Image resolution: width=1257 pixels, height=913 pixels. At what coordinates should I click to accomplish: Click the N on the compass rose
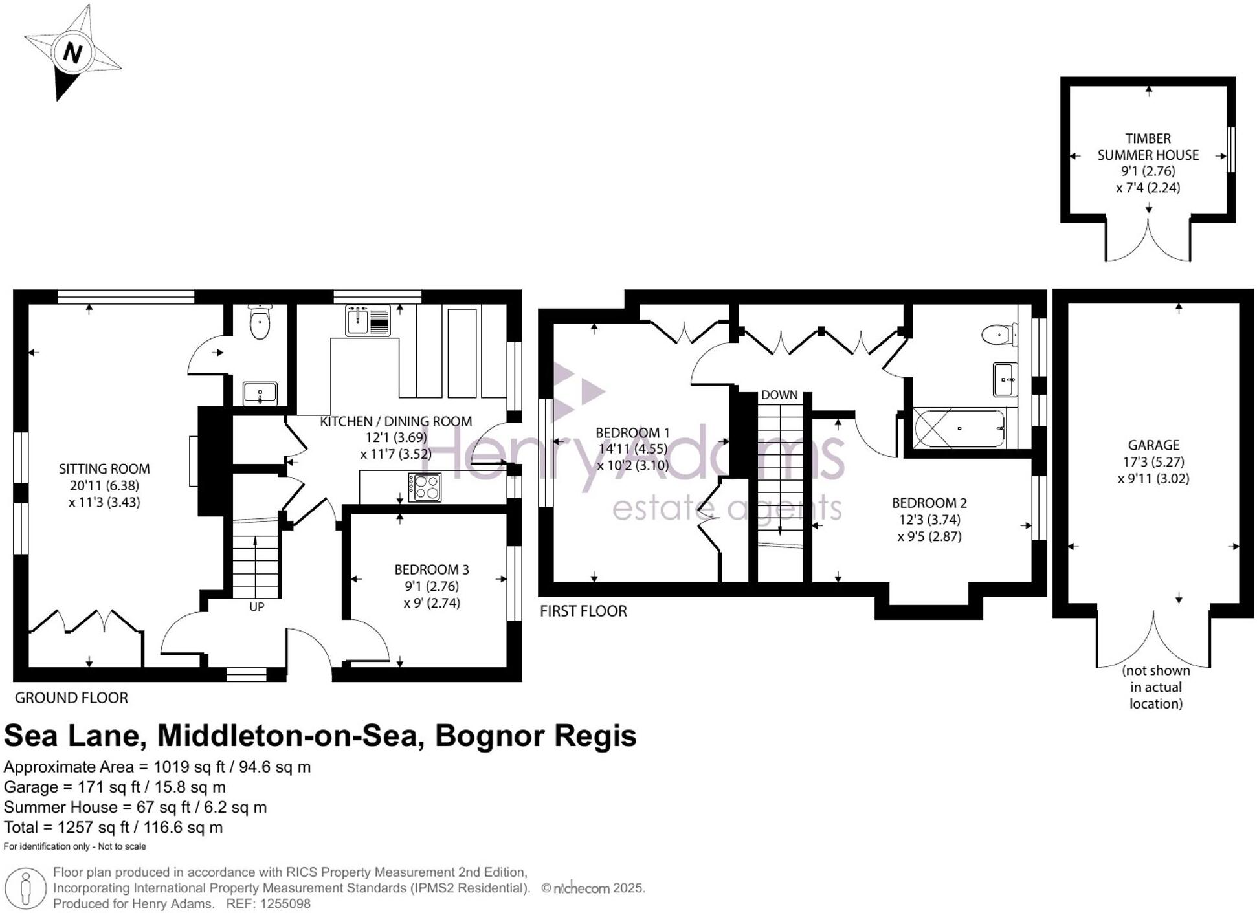click(x=72, y=52)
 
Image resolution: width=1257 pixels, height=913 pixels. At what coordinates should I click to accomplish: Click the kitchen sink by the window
click(x=368, y=320)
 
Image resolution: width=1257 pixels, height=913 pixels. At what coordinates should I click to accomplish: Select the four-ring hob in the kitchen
click(x=425, y=487)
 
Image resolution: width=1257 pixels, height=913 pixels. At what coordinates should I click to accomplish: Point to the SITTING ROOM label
click(x=104, y=468)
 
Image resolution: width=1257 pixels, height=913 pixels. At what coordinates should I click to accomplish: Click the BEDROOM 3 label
click(x=431, y=569)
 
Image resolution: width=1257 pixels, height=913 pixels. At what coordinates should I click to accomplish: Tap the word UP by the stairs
click(x=257, y=607)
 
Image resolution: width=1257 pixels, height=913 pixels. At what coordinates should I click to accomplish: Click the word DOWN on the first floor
click(x=779, y=395)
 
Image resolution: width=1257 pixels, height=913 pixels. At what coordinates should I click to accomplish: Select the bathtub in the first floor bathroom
click(x=959, y=428)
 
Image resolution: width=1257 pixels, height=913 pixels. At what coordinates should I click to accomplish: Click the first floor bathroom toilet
click(x=997, y=335)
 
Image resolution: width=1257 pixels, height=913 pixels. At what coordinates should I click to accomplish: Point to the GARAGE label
click(x=1153, y=445)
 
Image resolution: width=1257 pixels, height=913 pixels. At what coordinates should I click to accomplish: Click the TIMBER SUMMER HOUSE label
click(x=1148, y=147)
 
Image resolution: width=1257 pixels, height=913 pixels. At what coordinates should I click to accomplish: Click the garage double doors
click(x=1153, y=641)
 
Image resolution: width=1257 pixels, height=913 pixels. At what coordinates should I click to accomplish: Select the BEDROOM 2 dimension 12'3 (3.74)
click(x=929, y=520)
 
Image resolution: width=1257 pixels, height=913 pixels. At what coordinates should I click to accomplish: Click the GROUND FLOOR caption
click(x=71, y=698)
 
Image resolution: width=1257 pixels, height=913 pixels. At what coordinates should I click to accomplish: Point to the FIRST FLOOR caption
click(x=583, y=611)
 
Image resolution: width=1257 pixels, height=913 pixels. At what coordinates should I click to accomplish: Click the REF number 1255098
click(x=285, y=903)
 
